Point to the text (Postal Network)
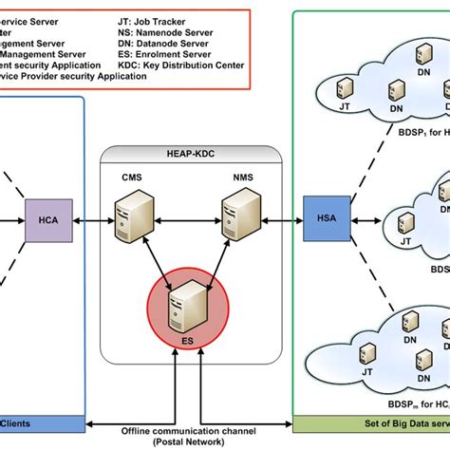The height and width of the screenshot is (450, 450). click(180, 443)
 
